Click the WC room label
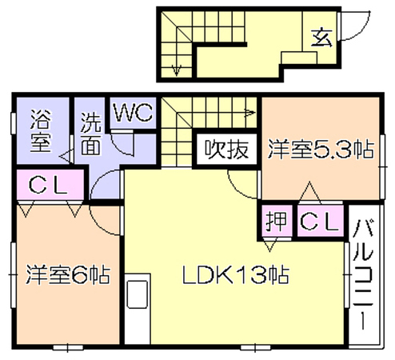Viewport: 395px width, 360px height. [134, 112]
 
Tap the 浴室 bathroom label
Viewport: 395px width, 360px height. [41, 130]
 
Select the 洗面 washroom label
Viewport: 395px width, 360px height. [91, 134]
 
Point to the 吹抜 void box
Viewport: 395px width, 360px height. [226, 149]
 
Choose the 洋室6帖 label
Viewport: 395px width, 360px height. [68, 274]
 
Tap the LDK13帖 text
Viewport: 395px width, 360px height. [236, 274]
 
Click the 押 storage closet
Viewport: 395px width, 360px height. [277, 221]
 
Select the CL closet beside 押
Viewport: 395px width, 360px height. [320, 221]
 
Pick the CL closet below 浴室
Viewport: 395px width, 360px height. [50, 185]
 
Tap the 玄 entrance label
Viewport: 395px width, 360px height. [321, 38]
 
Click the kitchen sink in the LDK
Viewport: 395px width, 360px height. [137, 294]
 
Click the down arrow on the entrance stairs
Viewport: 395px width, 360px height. [176, 70]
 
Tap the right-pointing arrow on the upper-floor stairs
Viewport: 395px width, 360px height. [249, 113]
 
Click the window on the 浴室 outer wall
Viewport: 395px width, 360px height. [13, 123]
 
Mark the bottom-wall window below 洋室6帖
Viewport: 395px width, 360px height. [68, 348]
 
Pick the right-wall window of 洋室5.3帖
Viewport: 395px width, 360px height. [383, 166]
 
